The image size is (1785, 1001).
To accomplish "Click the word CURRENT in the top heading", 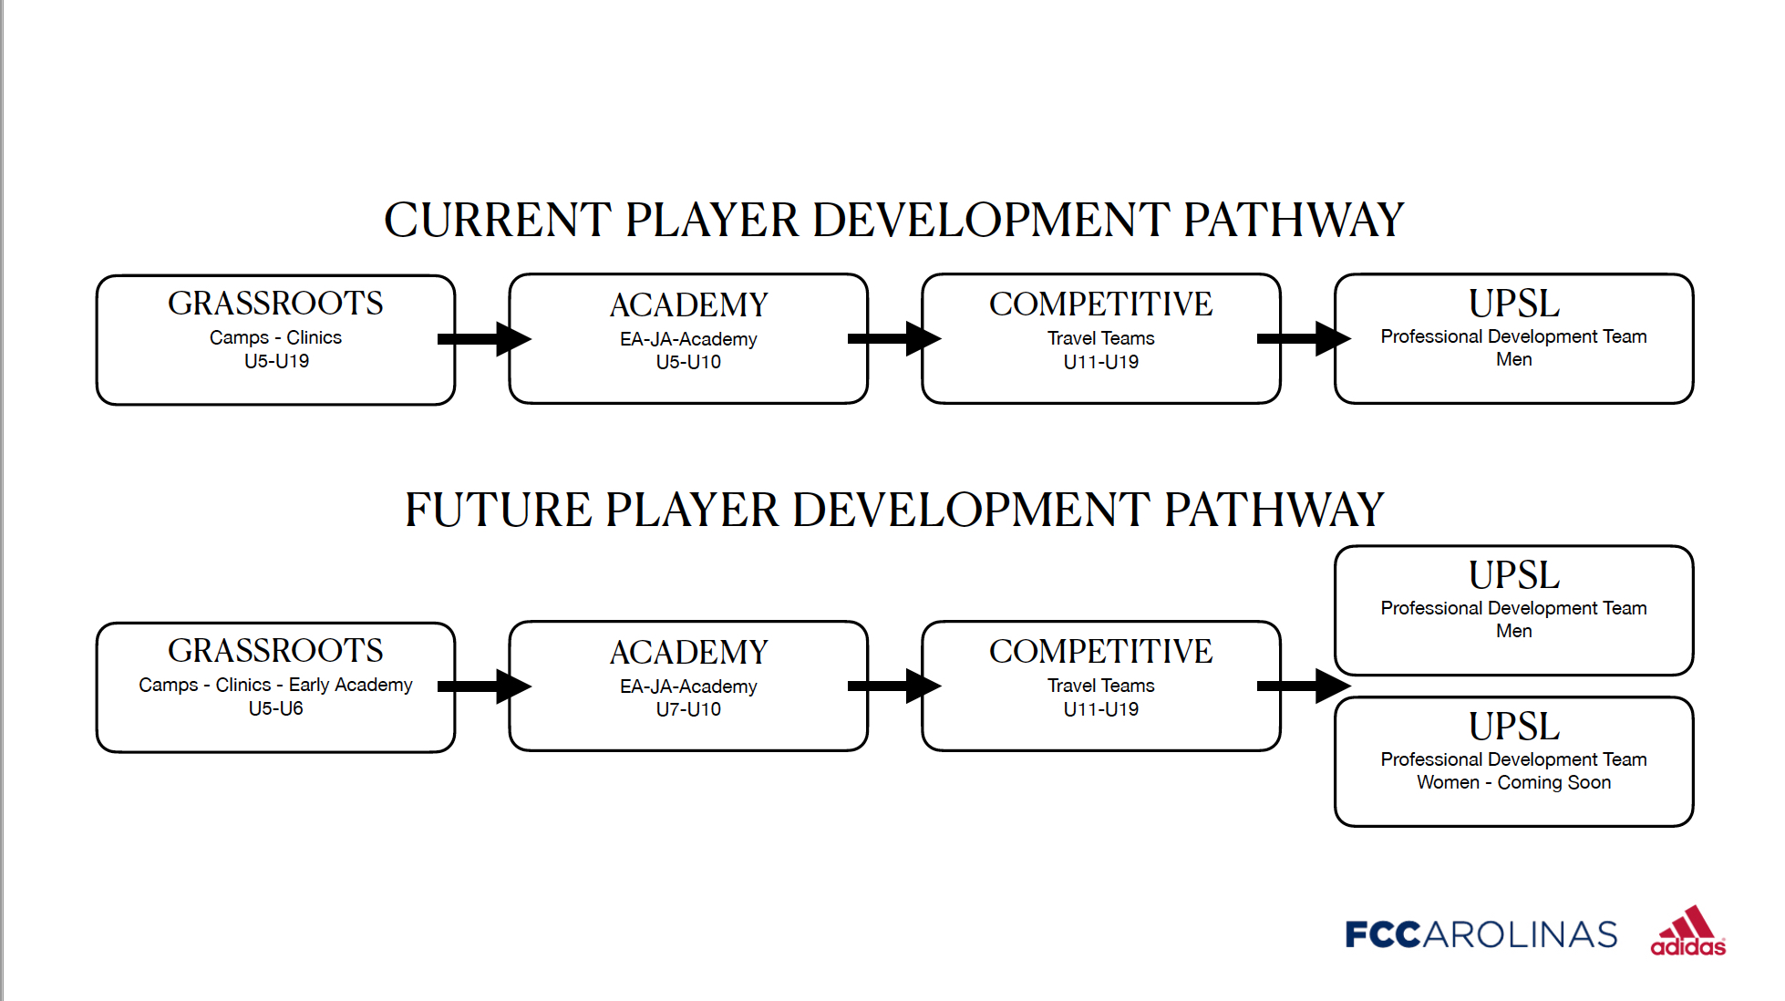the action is [x=498, y=220].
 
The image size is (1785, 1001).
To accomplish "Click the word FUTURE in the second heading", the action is [x=498, y=510].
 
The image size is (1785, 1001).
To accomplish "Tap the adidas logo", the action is [x=1687, y=931].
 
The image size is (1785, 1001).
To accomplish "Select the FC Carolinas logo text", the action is [x=1481, y=934].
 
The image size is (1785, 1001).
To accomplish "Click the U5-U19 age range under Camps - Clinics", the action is [x=276, y=361].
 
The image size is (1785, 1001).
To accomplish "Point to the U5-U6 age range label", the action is [x=275, y=708].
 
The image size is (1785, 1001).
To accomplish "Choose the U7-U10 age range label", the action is [x=688, y=709].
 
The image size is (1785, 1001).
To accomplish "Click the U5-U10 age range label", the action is [x=688, y=362].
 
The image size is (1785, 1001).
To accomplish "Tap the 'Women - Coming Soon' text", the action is [x=1513, y=782].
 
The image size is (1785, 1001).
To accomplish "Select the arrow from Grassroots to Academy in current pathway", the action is [x=484, y=339].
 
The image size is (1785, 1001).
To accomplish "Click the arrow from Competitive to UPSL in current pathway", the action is [x=1304, y=339].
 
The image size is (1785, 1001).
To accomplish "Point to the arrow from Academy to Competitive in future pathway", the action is [x=894, y=686].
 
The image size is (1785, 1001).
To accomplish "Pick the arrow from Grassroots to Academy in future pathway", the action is [x=484, y=686].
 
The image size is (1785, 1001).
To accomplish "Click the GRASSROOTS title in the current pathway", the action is [x=275, y=304].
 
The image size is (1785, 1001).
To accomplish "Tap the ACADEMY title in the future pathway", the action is [x=688, y=653].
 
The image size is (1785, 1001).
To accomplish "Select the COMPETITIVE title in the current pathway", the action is [x=1101, y=304].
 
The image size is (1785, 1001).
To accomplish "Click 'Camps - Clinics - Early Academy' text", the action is [x=275, y=685].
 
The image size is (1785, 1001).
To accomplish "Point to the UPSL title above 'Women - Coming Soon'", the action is [x=1514, y=727].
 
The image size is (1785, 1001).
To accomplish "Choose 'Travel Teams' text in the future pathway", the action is [x=1101, y=686].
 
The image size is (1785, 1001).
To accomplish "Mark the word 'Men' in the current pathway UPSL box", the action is [x=1513, y=359].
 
